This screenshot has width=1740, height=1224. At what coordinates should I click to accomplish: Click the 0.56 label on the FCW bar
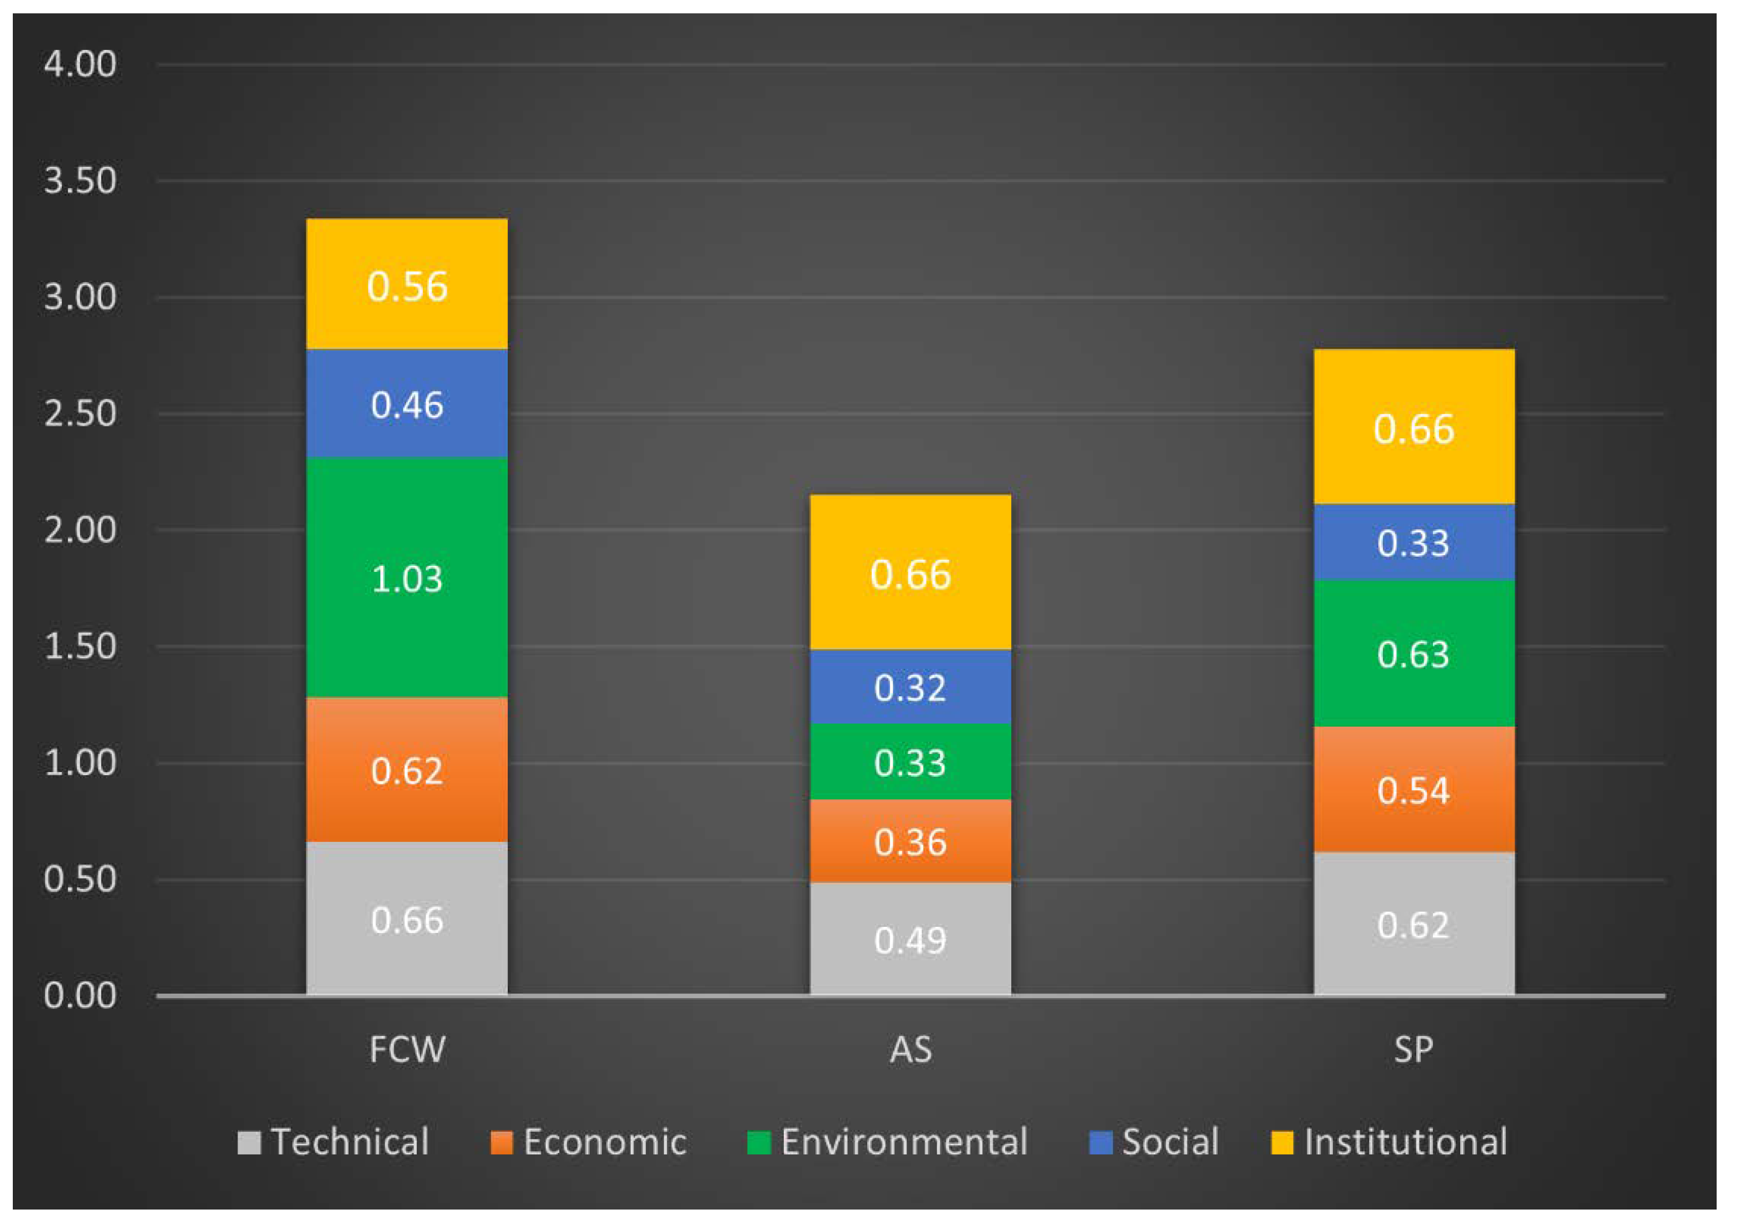[x=407, y=287]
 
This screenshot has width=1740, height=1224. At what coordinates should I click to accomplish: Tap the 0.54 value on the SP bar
[x=1413, y=791]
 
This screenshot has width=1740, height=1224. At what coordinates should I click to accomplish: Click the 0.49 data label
[x=910, y=941]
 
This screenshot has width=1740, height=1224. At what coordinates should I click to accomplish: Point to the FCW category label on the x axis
[x=407, y=1050]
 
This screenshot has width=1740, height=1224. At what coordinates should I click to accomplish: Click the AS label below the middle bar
[x=910, y=1050]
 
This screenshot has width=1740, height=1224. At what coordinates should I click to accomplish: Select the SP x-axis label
[x=1413, y=1050]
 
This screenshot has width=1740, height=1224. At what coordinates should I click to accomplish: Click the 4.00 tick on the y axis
[x=80, y=65]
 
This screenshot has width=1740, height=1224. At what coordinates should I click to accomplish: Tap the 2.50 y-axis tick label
[x=80, y=414]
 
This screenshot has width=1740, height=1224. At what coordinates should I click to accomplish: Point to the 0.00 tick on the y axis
[x=80, y=996]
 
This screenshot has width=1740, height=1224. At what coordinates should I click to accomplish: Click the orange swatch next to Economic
[x=501, y=1143]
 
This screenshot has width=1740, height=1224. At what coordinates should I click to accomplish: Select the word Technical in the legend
[x=350, y=1142]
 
